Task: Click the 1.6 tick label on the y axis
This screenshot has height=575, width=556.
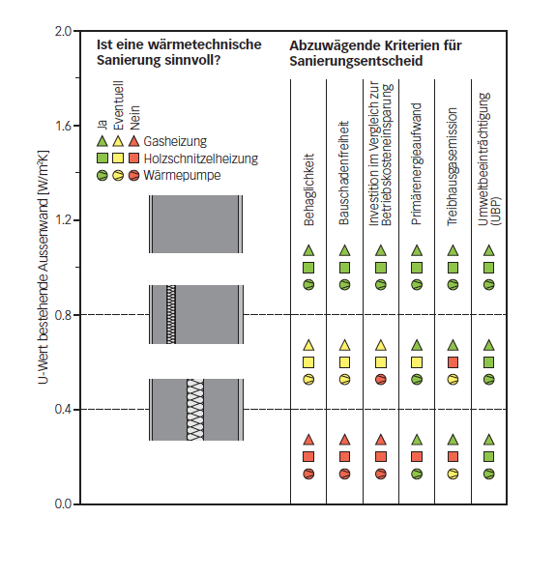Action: click(x=64, y=126)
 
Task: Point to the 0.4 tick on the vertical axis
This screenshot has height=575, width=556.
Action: click(x=64, y=410)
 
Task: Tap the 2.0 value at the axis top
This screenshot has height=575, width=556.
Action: click(x=64, y=32)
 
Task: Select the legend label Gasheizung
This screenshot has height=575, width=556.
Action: click(x=169, y=141)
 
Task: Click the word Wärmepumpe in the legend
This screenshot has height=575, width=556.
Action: click(x=173, y=176)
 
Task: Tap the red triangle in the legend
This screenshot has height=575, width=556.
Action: click(x=134, y=141)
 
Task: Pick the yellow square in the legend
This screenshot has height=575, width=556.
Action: click(x=118, y=158)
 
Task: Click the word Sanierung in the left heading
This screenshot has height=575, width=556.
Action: click(x=132, y=61)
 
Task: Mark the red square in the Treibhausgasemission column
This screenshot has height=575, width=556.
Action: click(x=453, y=362)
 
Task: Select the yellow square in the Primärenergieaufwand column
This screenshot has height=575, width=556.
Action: click(x=417, y=362)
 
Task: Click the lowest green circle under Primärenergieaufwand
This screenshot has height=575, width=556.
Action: click(x=417, y=474)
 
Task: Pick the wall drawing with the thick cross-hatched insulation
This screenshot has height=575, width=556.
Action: click(x=195, y=409)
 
